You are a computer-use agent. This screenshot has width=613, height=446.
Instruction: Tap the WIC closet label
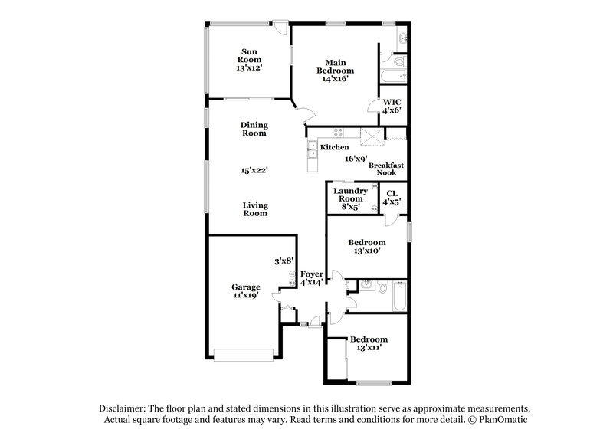pos(392,107)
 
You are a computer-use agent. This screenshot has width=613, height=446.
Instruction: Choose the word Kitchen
pos(335,147)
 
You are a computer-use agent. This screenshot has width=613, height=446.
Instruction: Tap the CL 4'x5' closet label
pos(392,198)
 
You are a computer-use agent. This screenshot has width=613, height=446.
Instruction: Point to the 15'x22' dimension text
pos(254,170)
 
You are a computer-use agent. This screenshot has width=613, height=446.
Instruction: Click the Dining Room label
pos(254,128)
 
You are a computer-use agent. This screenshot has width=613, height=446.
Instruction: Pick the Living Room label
pos(254,209)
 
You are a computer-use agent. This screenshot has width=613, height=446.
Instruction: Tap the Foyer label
pos(312,277)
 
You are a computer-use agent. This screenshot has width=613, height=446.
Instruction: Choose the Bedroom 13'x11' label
pos(369,343)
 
